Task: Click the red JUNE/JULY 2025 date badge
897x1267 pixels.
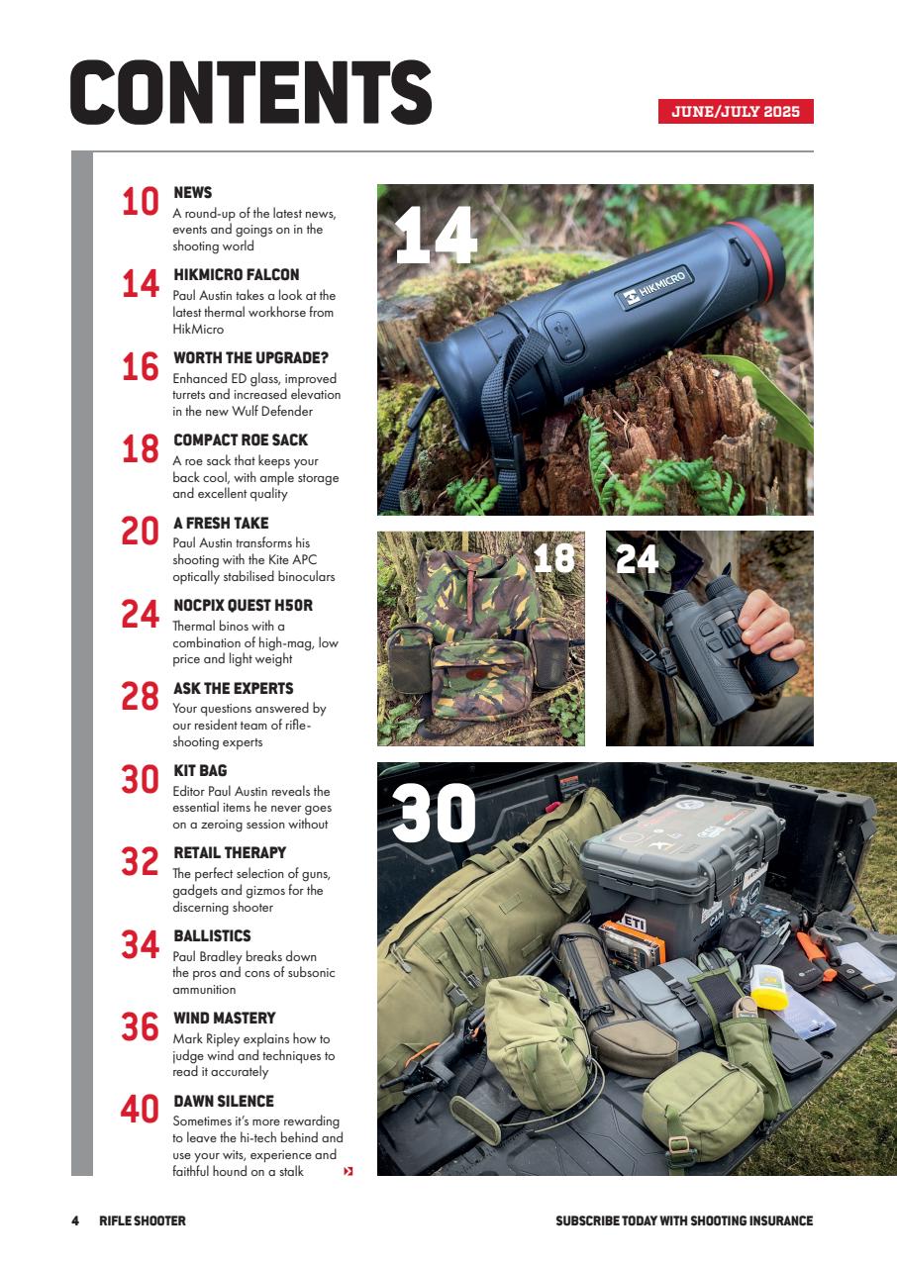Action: [736, 111]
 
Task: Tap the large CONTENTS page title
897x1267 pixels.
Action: [250, 93]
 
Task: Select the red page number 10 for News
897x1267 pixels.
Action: [141, 202]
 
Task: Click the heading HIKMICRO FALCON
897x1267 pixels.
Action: [236, 275]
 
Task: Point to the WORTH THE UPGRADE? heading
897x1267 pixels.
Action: [250, 357]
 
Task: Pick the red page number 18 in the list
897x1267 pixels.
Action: [141, 449]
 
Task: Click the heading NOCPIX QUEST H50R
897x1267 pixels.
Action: [243, 605]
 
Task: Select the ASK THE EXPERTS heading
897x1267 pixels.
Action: [233, 688]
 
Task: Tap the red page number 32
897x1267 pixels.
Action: [141, 862]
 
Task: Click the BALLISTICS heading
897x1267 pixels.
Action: [212, 935]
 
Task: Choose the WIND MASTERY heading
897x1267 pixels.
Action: [224, 1018]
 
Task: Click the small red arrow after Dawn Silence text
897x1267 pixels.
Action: [348, 1172]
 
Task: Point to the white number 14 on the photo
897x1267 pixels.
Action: [436, 237]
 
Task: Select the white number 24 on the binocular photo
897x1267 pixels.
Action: [637, 559]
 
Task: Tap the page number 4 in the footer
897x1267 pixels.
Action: [75, 1220]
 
